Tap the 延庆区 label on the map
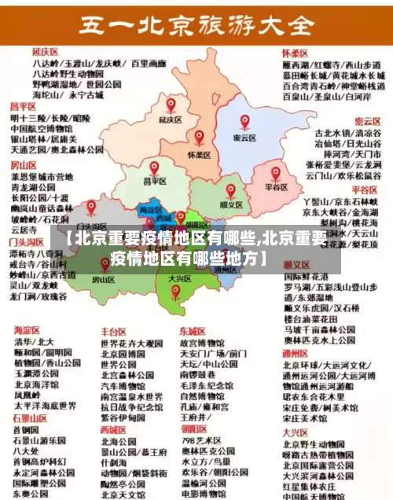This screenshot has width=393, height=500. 170,120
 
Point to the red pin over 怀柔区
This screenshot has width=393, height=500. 199,138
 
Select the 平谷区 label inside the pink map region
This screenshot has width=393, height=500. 276,187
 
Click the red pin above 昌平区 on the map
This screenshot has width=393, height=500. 154,168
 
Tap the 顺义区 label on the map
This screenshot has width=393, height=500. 230,204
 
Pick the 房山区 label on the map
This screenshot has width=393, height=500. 104,279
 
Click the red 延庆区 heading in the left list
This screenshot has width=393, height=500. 24,51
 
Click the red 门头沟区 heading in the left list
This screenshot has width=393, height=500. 26,243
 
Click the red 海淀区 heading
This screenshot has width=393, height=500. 26,331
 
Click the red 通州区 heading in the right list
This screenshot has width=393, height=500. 295,332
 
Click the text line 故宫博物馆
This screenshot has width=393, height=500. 202,344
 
